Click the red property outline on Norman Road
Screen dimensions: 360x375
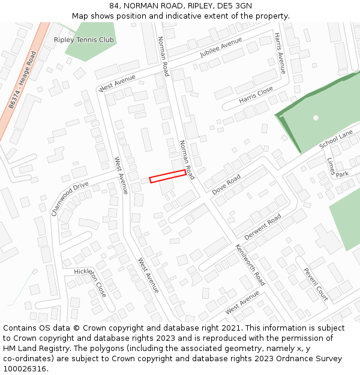[x=167, y=176]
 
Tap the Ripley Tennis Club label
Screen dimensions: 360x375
[x=84, y=40]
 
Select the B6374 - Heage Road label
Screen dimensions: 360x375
[x=22, y=80]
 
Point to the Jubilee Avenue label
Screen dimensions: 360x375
[x=221, y=47]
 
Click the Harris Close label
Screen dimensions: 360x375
[x=256, y=95]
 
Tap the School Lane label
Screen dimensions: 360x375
[x=336, y=141]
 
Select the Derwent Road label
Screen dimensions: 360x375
[x=263, y=227]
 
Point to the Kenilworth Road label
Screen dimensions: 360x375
[x=250, y=265]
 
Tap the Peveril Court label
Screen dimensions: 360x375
[x=316, y=284]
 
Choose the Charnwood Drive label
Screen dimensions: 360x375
[x=70, y=199]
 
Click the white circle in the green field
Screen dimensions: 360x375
[x=316, y=118]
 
